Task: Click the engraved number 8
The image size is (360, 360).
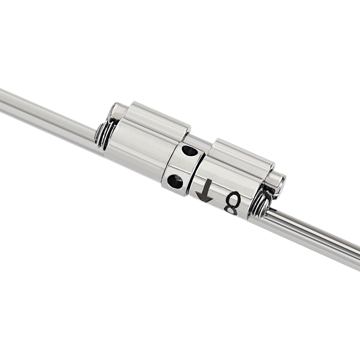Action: [233, 204]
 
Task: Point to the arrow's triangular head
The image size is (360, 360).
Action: [204, 197]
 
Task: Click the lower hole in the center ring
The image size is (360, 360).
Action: [175, 180]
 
